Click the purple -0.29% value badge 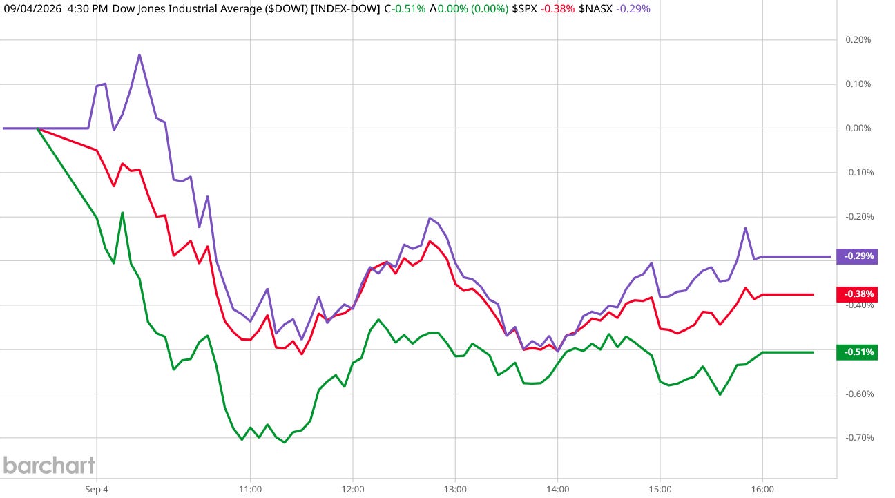856,256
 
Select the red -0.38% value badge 856,294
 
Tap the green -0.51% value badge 856,352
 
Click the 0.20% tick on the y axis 858,40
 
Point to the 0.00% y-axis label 858,128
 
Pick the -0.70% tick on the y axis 859,438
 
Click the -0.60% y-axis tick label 859,394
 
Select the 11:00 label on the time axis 250,490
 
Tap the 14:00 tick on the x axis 558,490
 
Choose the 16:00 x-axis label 762,490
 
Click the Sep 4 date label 96,490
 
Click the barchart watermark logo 49,466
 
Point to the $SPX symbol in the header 524,9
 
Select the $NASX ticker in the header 595,9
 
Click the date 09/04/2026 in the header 32,9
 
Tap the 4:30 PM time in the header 88,9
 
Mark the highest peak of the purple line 139,55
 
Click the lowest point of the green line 285,443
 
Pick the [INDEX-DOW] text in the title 345,9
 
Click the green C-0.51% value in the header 405,9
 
